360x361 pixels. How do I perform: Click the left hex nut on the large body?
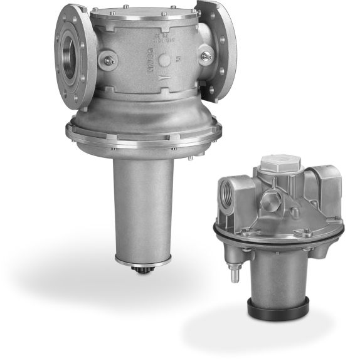click(x=111, y=61)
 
